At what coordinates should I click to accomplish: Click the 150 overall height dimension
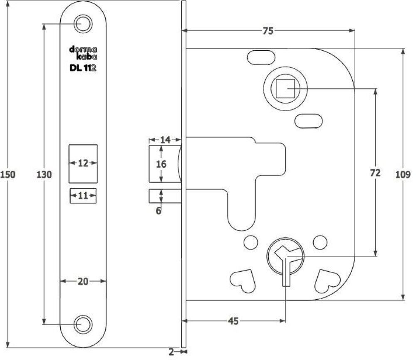point(8,174)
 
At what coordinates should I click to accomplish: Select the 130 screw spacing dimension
point(44,174)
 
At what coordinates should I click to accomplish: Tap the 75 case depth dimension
point(268,31)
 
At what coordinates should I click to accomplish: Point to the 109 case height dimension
point(404,174)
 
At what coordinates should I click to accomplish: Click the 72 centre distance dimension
point(375,173)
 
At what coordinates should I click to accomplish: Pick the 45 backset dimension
point(233,321)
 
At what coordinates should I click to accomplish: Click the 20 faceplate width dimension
point(83,282)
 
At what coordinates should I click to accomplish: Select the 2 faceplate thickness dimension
point(171,352)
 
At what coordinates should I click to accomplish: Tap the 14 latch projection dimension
point(165,140)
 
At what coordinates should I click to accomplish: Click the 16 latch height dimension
point(161,164)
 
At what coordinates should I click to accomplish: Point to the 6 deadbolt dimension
point(158,211)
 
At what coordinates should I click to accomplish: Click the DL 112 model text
point(83,69)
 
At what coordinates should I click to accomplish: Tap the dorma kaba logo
point(83,53)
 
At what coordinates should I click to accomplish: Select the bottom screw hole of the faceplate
point(83,324)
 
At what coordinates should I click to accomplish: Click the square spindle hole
point(285,88)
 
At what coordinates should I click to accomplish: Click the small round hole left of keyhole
point(250,241)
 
